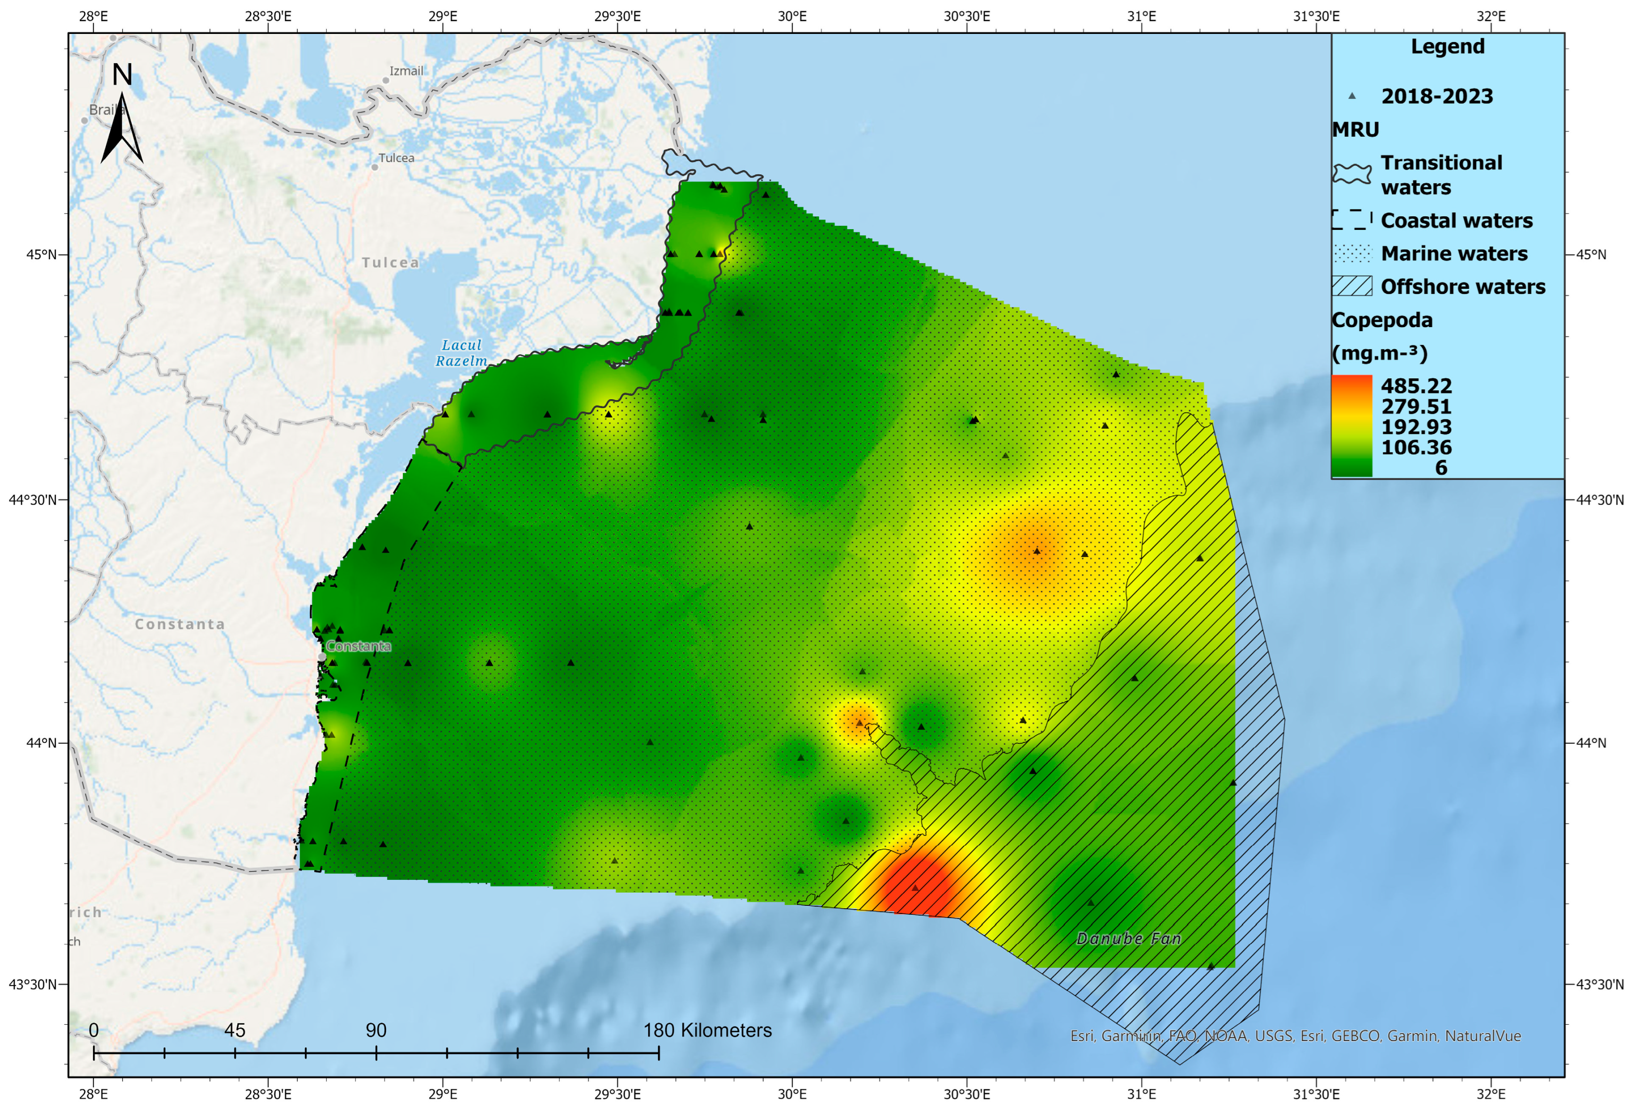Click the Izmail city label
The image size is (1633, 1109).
click(x=406, y=71)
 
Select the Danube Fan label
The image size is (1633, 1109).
click(x=1128, y=938)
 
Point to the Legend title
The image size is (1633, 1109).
click(x=1447, y=46)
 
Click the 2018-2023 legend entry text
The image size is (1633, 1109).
click(x=1437, y=96)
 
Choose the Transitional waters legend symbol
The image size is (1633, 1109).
click(x=1352, y=173)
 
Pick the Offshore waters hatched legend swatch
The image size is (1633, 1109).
click(x=1352, y=286)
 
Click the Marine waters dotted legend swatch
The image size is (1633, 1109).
click(x=1352, y=253)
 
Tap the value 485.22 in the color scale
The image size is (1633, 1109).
click(x=1416, y=386)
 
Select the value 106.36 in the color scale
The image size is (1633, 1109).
click(x=1416, y=447)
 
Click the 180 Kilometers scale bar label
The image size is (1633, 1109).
click(x=707, y=1030)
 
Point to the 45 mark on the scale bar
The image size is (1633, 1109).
click(x=235, y=1030)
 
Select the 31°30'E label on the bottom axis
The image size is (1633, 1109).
click(x=1316, y=1094)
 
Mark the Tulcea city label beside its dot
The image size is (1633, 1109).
click(x=396, y=158)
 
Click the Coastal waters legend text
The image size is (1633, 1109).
click(x=1457, y=221)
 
